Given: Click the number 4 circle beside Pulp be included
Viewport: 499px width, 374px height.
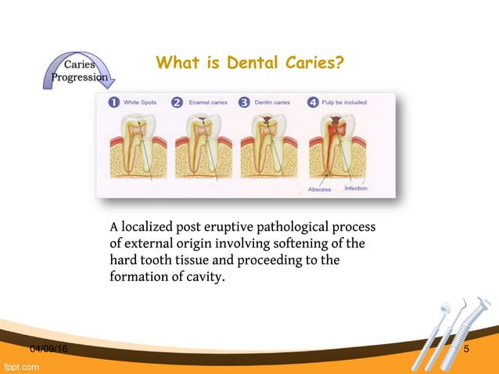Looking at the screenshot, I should coord(313,102).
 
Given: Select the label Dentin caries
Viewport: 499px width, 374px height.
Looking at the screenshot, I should coord(272,102).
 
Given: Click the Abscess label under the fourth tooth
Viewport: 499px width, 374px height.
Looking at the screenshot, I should coord(319,189).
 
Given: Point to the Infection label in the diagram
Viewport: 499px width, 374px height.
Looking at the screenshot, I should coord(355,189).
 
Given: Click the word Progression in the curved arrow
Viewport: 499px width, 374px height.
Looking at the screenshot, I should coord(79,77).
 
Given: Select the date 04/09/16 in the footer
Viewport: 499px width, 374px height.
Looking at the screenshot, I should coord(48,348).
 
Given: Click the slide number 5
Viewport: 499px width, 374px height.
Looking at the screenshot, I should coord(466,348).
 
